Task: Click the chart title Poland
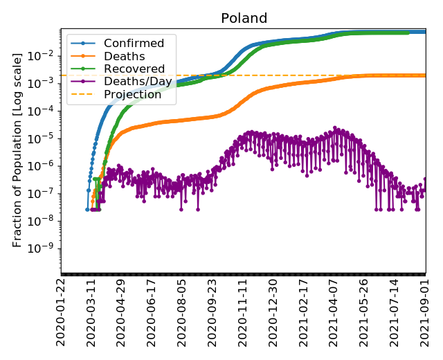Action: click(x=244, y=19)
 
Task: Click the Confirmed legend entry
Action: click(x=134, y=44)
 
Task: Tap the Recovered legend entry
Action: click(x=134, y=69)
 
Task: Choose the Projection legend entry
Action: click(x=133, y=95)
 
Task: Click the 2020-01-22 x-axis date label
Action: click(x=62, y=315)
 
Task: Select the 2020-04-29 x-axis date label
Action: click(x=122, y=315)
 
